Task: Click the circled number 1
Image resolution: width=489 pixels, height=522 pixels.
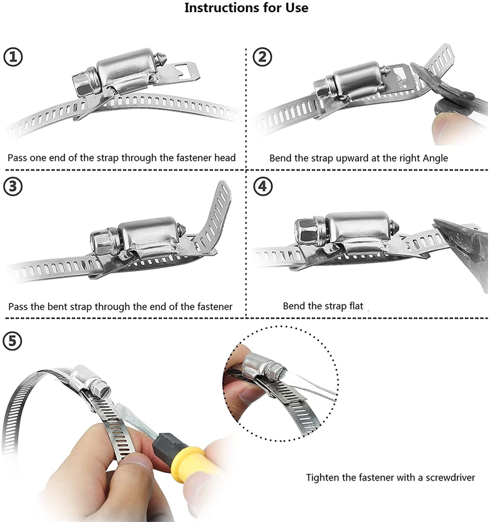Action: [13, 57]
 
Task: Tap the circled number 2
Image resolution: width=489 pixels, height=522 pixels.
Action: [263, 57]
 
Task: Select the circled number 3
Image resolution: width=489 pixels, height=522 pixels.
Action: [13, 187]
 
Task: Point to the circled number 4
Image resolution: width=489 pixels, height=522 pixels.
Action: [263, 187]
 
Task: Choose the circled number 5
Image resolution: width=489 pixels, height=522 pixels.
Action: [12, 341]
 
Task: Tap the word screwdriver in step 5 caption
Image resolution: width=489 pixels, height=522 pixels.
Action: [450, 477]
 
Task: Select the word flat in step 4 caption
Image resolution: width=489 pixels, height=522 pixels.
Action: [356, 306]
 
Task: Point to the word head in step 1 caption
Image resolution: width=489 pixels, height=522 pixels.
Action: [225, 158]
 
